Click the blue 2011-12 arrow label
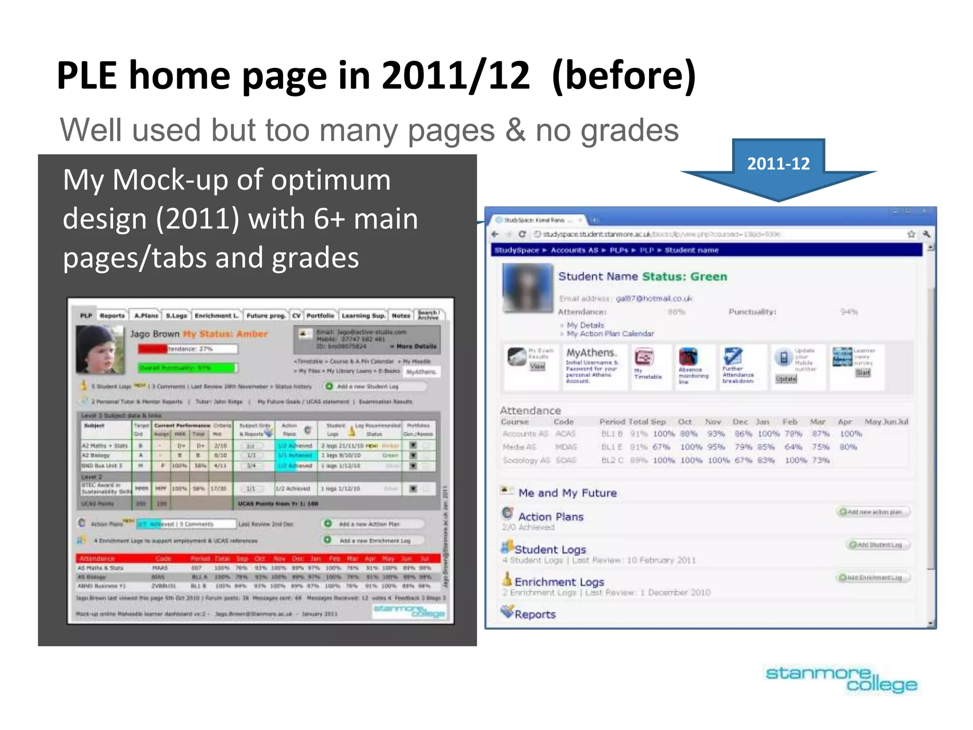[778, 164]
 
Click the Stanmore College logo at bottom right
[841, 680]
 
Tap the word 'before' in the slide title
[623, 76]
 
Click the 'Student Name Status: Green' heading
[642, 277]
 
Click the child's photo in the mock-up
[100, 349]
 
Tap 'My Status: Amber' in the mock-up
[226, 334]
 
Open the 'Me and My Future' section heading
[567, 493]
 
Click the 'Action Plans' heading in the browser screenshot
[551, 517]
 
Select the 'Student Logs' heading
[550, 549]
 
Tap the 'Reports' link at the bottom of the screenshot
[535, 615]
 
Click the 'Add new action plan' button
[873, 512]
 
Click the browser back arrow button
[495, 234]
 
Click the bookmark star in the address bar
[911, 234]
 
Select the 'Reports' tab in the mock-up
[112, 316]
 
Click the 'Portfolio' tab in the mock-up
[320, 316]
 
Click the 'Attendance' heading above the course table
[530, 411]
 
